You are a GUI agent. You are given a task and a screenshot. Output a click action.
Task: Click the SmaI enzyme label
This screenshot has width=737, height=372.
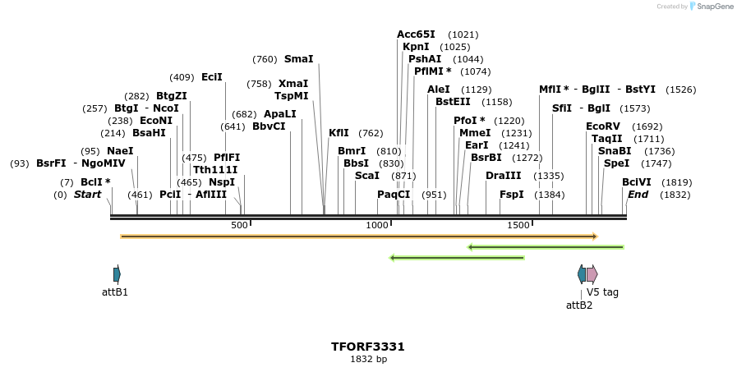tap(298, 59)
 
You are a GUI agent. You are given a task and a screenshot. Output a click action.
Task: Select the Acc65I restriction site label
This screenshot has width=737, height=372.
tap(416, 34)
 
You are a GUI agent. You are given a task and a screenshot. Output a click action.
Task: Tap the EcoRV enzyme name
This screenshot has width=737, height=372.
tap(602, 126)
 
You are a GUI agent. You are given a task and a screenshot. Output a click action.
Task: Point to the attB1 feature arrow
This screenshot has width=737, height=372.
tap(117, 274)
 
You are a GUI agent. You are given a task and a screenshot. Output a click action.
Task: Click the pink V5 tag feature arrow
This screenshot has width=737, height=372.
tap(592, 274)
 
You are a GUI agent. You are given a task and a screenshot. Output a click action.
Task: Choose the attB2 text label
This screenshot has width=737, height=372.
tap(579, 305)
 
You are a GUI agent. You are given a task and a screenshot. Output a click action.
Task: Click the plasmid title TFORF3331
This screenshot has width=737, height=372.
tap(368, 347)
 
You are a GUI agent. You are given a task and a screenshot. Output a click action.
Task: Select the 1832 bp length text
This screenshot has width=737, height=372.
tap(368, 360)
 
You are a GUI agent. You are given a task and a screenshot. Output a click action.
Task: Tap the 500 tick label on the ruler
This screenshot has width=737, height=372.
tap(239, 225)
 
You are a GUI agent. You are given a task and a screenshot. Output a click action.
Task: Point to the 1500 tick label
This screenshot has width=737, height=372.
tap(518, 225)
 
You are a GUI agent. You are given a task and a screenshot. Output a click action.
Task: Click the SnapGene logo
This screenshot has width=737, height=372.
tap(712, 7)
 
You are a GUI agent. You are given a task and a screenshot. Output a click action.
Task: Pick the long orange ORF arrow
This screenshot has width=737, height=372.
tap(358, 237)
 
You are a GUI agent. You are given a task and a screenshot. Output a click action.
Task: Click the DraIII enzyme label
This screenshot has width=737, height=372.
tap(503, 176)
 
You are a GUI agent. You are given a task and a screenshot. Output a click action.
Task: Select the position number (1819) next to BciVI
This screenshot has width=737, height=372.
tap(677, 182)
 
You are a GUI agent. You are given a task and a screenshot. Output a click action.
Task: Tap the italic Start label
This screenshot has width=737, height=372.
tap(87, 195)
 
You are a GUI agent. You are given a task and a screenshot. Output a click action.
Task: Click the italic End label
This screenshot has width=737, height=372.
tap(638, 195)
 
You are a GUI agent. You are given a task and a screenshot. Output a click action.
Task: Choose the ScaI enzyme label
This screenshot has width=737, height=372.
tap(367, 176)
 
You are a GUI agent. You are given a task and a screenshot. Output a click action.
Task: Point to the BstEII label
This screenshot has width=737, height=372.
tap(453, 102)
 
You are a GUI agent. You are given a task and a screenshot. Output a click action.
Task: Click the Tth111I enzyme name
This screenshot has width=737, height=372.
tap(215, 169)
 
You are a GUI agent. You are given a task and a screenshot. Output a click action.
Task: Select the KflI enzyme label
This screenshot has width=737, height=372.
tap(339, 133)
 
